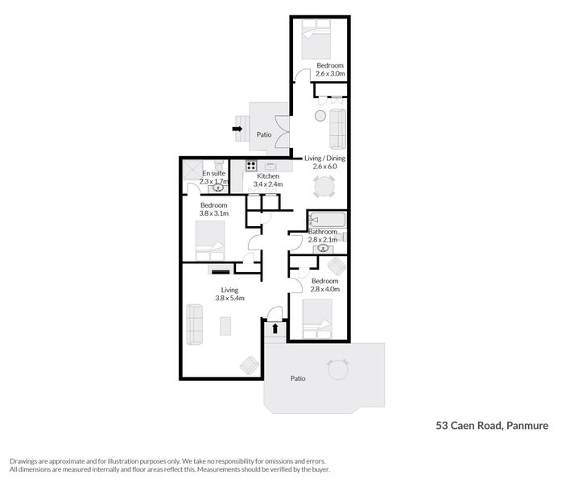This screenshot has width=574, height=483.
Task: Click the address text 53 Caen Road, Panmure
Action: tap(491, 425)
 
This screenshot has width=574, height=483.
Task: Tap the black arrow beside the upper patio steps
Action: tap(237, 127)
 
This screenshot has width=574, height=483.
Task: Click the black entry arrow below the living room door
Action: tap(275, 328)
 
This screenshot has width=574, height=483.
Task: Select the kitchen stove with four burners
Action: tap(240, 167)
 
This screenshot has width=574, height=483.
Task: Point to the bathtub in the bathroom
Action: tap(327, 220)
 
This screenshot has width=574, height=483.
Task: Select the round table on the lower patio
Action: tap(338, 370)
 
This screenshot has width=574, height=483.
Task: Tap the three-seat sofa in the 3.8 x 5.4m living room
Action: tap(195, 324)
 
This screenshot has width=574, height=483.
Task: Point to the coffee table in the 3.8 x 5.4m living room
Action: tap(225, 325)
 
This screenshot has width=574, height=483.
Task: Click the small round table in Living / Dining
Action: tap(320, 116)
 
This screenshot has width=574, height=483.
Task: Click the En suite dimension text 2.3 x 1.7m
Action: tap(214, 182)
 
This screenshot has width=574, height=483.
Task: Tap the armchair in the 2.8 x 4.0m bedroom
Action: tap(336, 267)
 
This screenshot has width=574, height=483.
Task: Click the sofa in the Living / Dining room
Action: tap(338, 129)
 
